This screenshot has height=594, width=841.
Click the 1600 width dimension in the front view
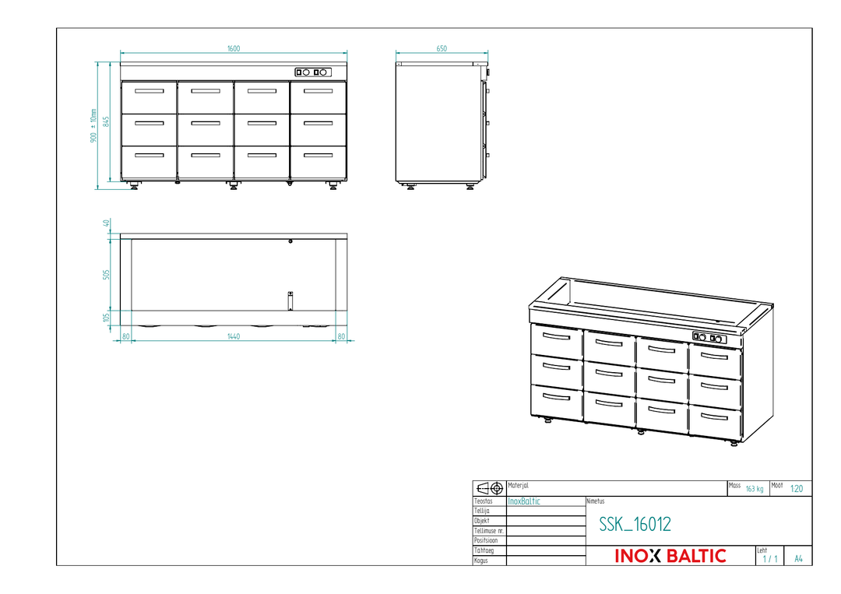(234, 49)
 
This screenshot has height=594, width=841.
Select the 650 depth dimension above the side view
(442, 49)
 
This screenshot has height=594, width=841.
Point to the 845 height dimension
(106, 121)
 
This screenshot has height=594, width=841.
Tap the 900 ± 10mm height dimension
(93, 125)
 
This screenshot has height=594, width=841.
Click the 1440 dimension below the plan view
(234, 336)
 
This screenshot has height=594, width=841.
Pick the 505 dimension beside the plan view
(106, 275)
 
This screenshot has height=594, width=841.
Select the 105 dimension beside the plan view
(106, 318)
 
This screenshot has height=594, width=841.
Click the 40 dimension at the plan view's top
(106, 223)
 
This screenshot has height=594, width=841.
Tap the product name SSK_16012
(635, 524)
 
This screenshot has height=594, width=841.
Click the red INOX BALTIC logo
(670, 556)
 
